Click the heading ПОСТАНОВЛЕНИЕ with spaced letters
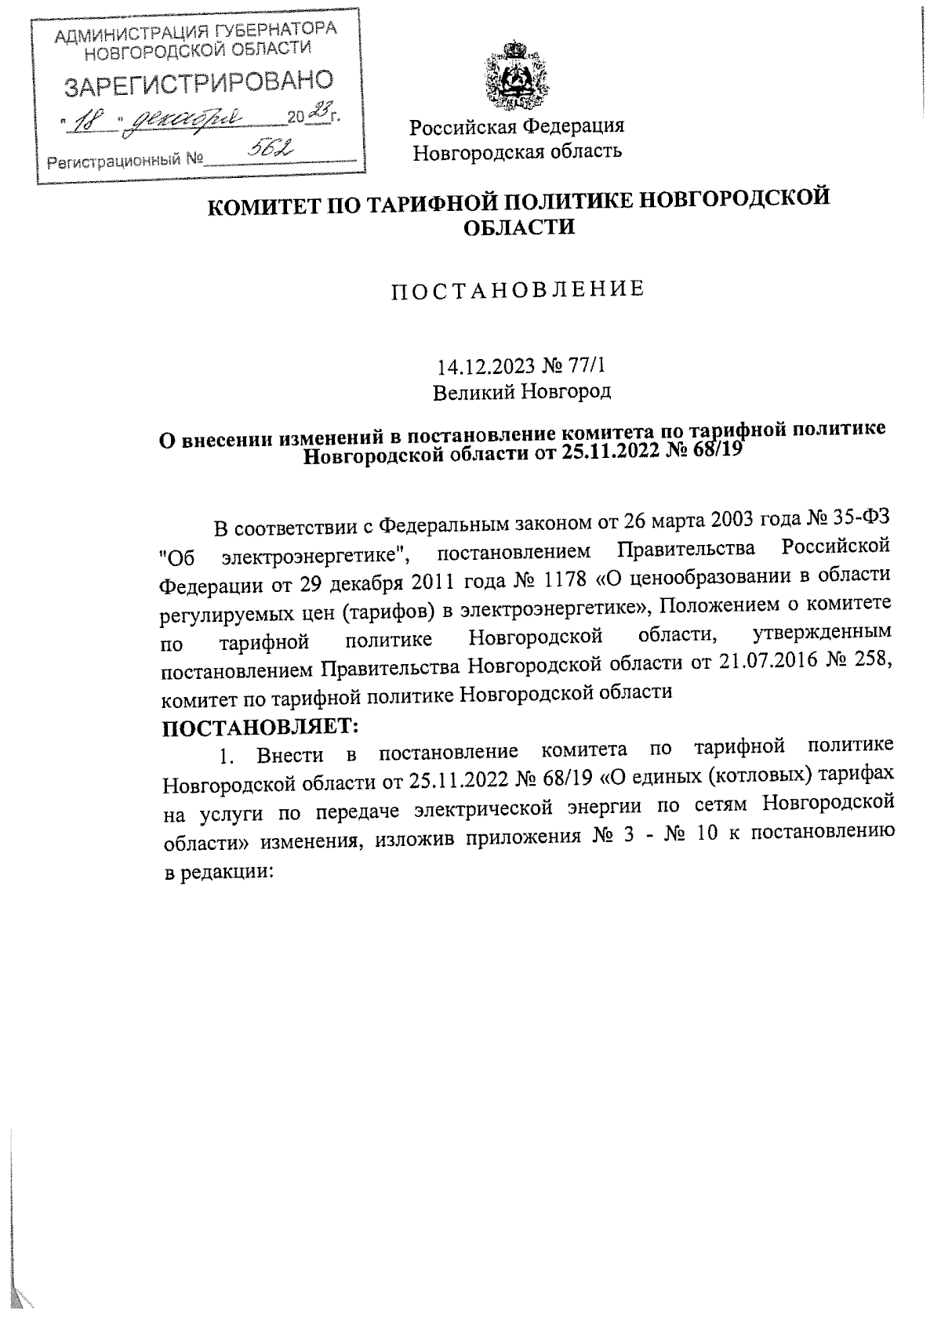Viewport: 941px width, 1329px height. (x=518, y=289)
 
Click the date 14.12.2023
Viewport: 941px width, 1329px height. (x=484, y=366)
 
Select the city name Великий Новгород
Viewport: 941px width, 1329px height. (x=522, y=390)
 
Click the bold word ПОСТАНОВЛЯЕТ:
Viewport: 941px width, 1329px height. (x=260, y=726)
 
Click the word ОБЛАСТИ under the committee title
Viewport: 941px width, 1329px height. (x=518, y=227)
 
